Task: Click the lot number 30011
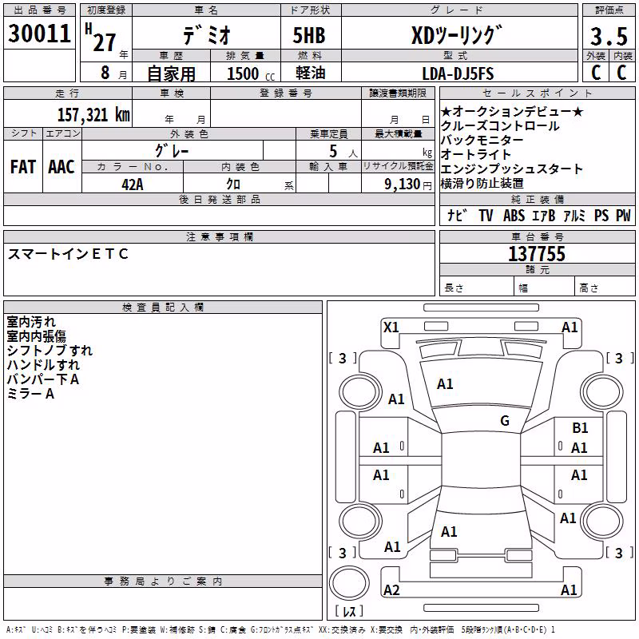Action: (x=39, y=33)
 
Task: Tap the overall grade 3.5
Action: (x=609, y=36)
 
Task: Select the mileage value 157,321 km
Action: (x=93, y=114)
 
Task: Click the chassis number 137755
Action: (x=537, y=253)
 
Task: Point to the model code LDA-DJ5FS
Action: (x=458, y=73)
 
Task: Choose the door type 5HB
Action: (x=309, y=35)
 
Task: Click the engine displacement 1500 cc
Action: (x=251, y=73)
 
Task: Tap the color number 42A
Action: (x=133, y=185)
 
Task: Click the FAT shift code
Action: (x=23, y=167)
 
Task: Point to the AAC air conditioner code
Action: (x=62, y=167)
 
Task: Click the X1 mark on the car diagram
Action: (x=391, y=327)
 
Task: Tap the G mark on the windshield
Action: (x=505, y=420)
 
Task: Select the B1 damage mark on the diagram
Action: (x=580, y=427)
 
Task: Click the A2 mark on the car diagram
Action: (x=391, y=589)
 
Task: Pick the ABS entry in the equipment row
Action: (x=514, y=215)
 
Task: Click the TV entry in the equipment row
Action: (x=486, y=215)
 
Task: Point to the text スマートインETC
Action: (x=68, y=254)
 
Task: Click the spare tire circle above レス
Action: (x=349, y=584)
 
